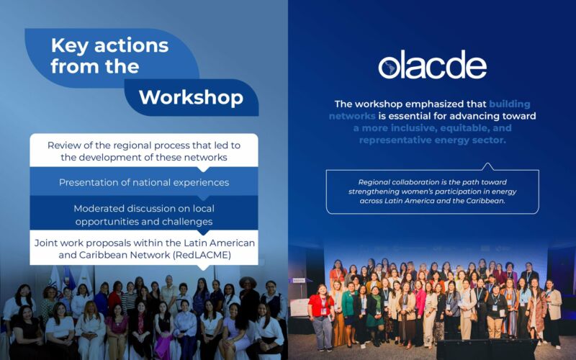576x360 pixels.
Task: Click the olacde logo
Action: (432, 65)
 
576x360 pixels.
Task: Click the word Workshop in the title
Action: (190, 97)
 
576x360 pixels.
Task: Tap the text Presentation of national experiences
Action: (144, 182)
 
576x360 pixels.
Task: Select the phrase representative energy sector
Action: (432, 140)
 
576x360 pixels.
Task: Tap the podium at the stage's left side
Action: (300, 302)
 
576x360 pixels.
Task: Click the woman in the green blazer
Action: (348, 306)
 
